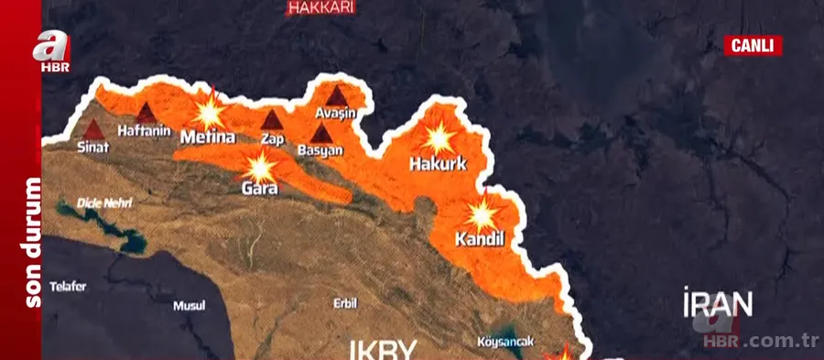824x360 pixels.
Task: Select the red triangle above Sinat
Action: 93,127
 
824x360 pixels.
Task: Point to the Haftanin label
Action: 145,132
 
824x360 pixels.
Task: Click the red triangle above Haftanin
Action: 146,113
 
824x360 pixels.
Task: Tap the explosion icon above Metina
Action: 209,113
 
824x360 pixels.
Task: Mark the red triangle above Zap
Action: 271,120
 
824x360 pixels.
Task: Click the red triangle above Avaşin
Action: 336,94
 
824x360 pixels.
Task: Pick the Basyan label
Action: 320,150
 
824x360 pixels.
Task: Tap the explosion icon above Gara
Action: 261,168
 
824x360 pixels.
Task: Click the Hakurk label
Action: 438,165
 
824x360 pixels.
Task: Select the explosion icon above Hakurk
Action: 439,139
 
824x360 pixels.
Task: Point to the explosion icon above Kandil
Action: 481,216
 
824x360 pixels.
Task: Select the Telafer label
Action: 68,286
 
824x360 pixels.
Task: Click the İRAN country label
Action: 718,303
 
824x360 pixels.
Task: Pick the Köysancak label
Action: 504,343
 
